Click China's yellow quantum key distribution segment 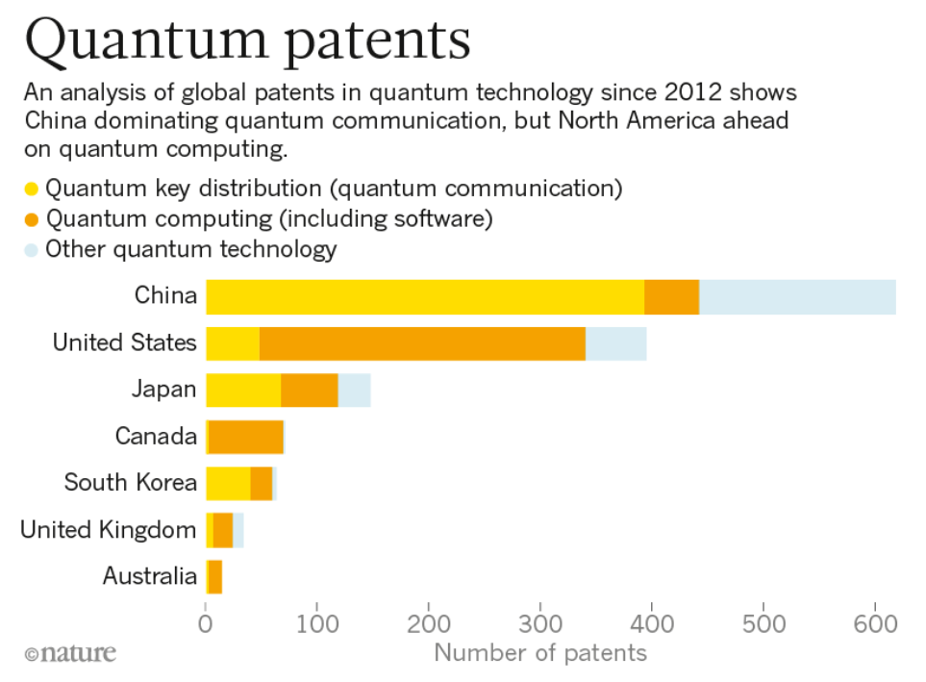click(425, 296)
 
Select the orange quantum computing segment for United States click(422, 343)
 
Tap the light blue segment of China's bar click(797, 296)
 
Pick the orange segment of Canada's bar click(246, 437)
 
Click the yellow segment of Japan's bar click(243, 390)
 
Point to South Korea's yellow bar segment click(228, 483)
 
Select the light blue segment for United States click(615, 343)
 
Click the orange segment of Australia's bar click(215, 577)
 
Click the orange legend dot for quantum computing click(32, 219)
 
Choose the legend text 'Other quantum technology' click(191, 250)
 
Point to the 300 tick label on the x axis click(540, 622)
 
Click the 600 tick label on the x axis click(875, 622)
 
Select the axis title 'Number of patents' click(540, 653)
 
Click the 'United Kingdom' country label click(108, 530)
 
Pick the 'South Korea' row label click(130, 483)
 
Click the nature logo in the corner click(70, 654)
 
